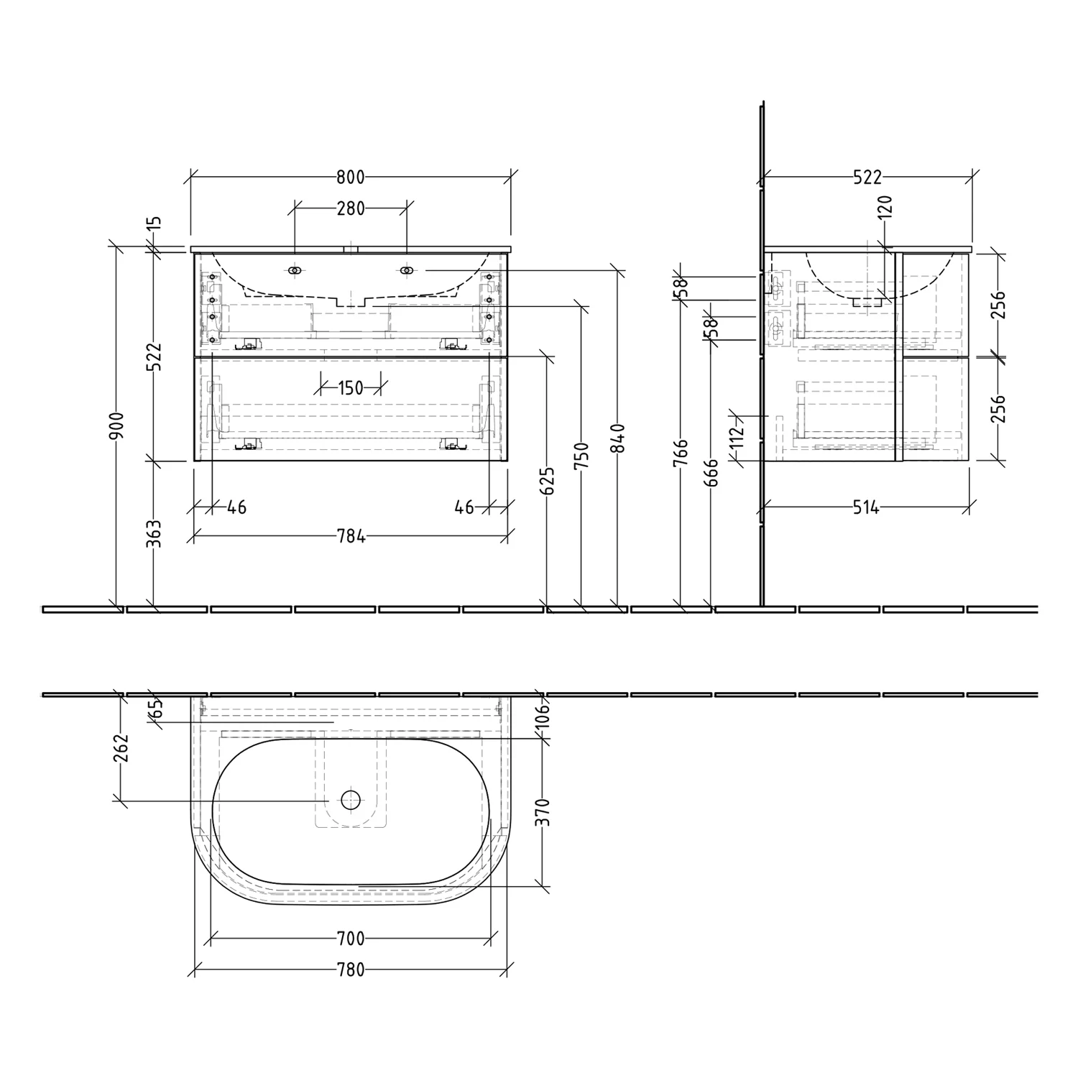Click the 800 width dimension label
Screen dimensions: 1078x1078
point(350,177)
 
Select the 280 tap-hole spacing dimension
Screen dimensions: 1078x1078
point(351,208)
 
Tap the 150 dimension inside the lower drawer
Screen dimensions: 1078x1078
point(350,388)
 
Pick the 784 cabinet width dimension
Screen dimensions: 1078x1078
point(351,536)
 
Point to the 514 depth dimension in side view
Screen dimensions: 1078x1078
point(866,508)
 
